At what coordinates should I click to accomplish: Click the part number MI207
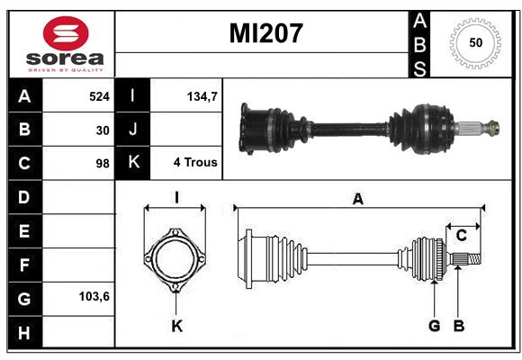click(x=265, y=34)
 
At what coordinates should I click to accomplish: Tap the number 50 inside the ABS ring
click(x=475, y=43)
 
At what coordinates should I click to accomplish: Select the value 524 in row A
click(x=99, y=94)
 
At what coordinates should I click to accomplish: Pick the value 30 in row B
click(x=103, y=130)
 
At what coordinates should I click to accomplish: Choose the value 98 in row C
click(x=103, y=164)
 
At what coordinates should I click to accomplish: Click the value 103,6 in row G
click(x=94, y=295)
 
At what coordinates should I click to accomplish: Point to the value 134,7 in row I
click(x=199, y=94)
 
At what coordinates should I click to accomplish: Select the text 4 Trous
click(x=195, y=164)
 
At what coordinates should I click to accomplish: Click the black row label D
click(x=23, y=197)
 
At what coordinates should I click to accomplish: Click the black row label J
click(x=132, y=130)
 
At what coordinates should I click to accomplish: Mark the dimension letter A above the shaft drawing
click(x=357, y=200)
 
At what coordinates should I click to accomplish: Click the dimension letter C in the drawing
click(x=461, y=236)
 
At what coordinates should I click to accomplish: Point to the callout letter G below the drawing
click(x=434, y=326)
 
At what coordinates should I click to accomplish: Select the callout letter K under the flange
click(x=176, y=326)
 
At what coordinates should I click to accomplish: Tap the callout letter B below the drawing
click(x=458, y=326)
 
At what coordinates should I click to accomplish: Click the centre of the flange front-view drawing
click(x=176, y=260)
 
